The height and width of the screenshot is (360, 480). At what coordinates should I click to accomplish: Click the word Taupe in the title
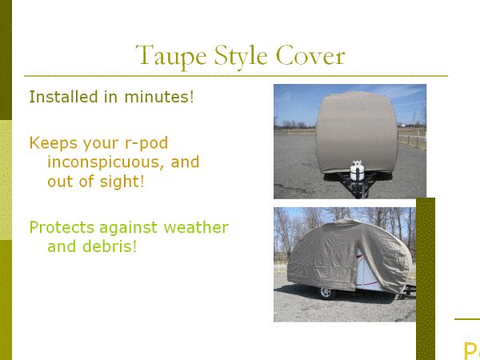click(171, 57)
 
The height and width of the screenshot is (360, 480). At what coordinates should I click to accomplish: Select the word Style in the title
click(242, 57)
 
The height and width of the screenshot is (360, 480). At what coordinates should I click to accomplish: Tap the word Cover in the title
click(310, 55)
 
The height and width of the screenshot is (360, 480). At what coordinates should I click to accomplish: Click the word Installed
click(64, 97)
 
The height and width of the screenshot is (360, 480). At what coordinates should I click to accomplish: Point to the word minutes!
click(159, 97)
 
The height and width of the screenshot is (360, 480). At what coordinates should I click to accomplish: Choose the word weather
click(196, 228)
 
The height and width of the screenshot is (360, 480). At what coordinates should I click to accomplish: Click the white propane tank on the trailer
click(357, 170)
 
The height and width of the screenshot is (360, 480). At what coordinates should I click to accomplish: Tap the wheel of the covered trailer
click(326, 293)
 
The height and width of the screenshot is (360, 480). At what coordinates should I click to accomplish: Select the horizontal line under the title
click(236, 76)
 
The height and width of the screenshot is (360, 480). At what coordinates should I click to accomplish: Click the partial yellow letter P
click(472, 351)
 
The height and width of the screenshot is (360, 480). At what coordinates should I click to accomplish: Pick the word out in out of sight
click(61, 182)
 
